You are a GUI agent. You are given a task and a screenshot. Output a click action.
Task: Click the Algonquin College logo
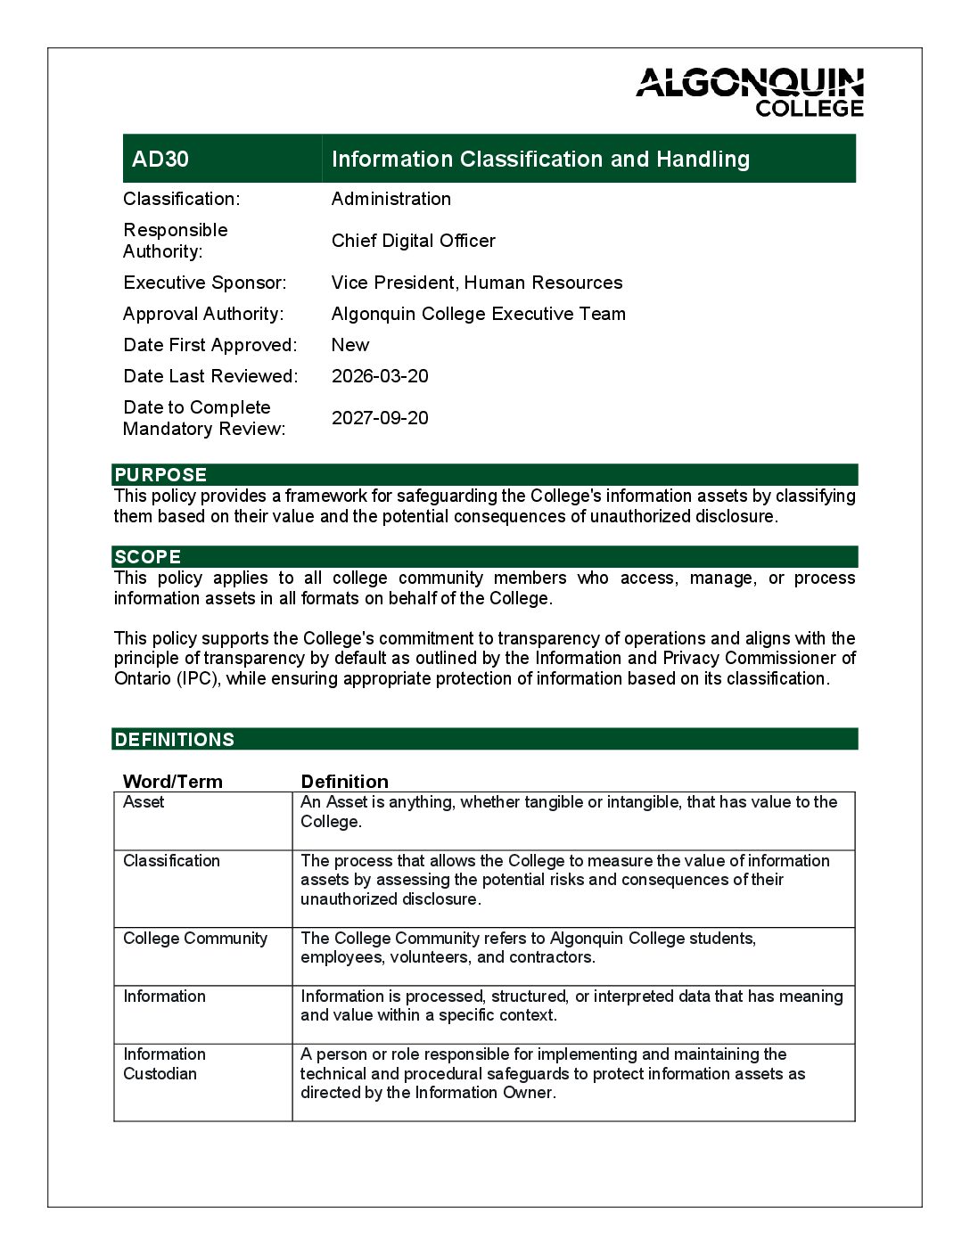(750, 92)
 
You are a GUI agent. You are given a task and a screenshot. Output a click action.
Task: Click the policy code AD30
(160, 160)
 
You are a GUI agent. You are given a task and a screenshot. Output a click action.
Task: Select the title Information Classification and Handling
(540, 160)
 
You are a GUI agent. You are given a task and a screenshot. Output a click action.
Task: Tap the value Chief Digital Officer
(413, 241)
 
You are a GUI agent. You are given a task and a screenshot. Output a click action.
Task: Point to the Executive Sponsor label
(205, 283)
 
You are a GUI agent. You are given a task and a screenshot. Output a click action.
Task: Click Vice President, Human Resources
(477, 283)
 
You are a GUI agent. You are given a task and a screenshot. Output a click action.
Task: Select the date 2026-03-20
(380, 376)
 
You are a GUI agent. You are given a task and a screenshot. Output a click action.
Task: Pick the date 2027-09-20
(380, 418)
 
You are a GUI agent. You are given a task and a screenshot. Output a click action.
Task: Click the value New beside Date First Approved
(350, 345)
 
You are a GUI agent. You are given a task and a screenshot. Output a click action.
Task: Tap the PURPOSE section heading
(160, 474)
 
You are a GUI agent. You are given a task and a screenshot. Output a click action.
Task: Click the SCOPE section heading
(148, 557)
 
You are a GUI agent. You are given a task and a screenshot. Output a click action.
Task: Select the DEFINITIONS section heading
(175, 740)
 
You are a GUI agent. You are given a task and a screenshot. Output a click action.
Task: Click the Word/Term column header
(173, 782)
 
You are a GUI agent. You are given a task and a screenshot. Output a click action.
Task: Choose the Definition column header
(345, 782)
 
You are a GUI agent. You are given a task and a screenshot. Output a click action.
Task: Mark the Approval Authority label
(203, 314)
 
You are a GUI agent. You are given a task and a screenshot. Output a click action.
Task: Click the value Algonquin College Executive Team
(479, 314)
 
